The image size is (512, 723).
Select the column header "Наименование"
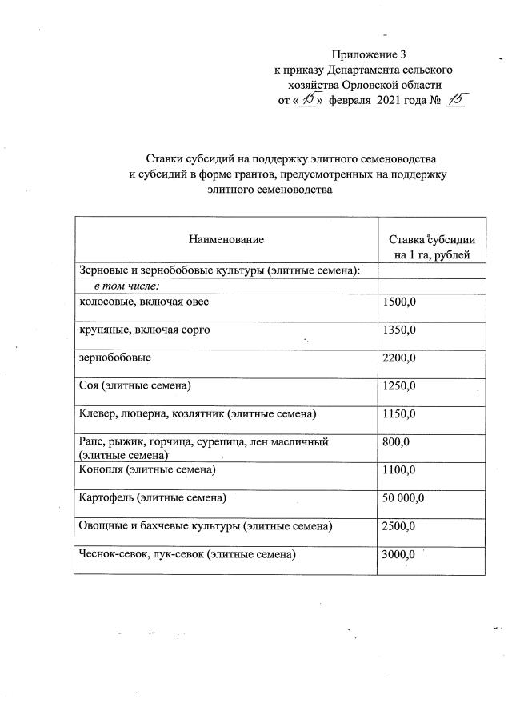226,238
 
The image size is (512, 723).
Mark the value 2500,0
400,526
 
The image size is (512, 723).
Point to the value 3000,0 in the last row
400,554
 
